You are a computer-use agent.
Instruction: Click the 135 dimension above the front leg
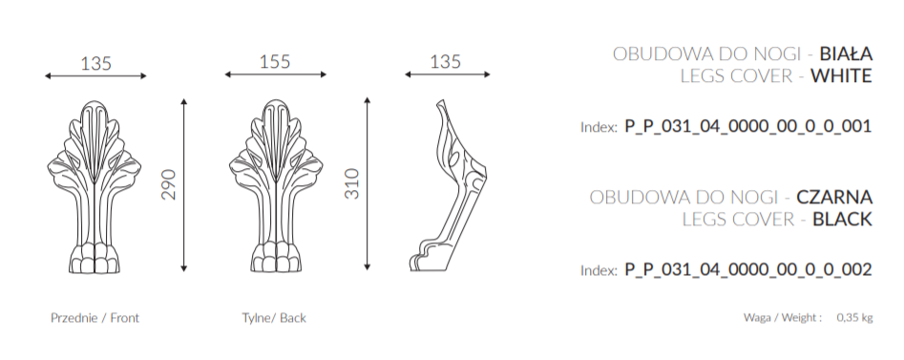coord(95,63)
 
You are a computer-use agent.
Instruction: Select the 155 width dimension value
coord(275,61)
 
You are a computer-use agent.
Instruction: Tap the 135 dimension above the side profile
coord(446,61)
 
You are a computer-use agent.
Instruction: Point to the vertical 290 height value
coord(168,184)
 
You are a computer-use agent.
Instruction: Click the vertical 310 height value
coord(351,183)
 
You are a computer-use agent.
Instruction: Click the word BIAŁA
coord(846,53)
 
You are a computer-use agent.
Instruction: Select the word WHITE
coord(841,75)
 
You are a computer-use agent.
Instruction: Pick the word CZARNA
coord(834,198)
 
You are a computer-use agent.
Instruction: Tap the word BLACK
coord(842,220)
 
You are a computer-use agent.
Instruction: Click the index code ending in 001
coord(748,126)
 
